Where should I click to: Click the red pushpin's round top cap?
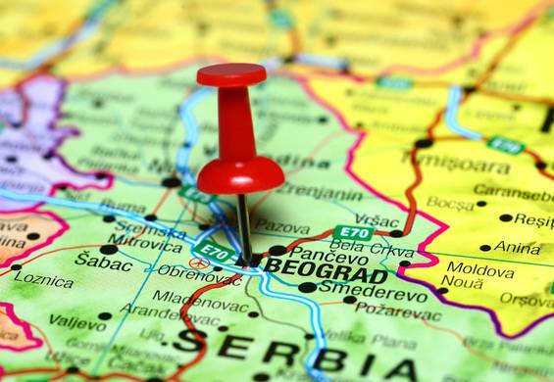pyautogui.click(x=231, y=74)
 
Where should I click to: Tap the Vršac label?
pyautogui.click(x=378, y=220)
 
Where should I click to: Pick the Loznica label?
pyautogui.click(x=43, y=280)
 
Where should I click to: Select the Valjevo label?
pyautogui.click(x=77, y=320)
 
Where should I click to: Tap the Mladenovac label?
pyautogui.click(x=192, y=297)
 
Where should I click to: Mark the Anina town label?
pyautogui.click(x=517, y=247)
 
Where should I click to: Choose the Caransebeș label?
pyautogui.click(x=513, y=193)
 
